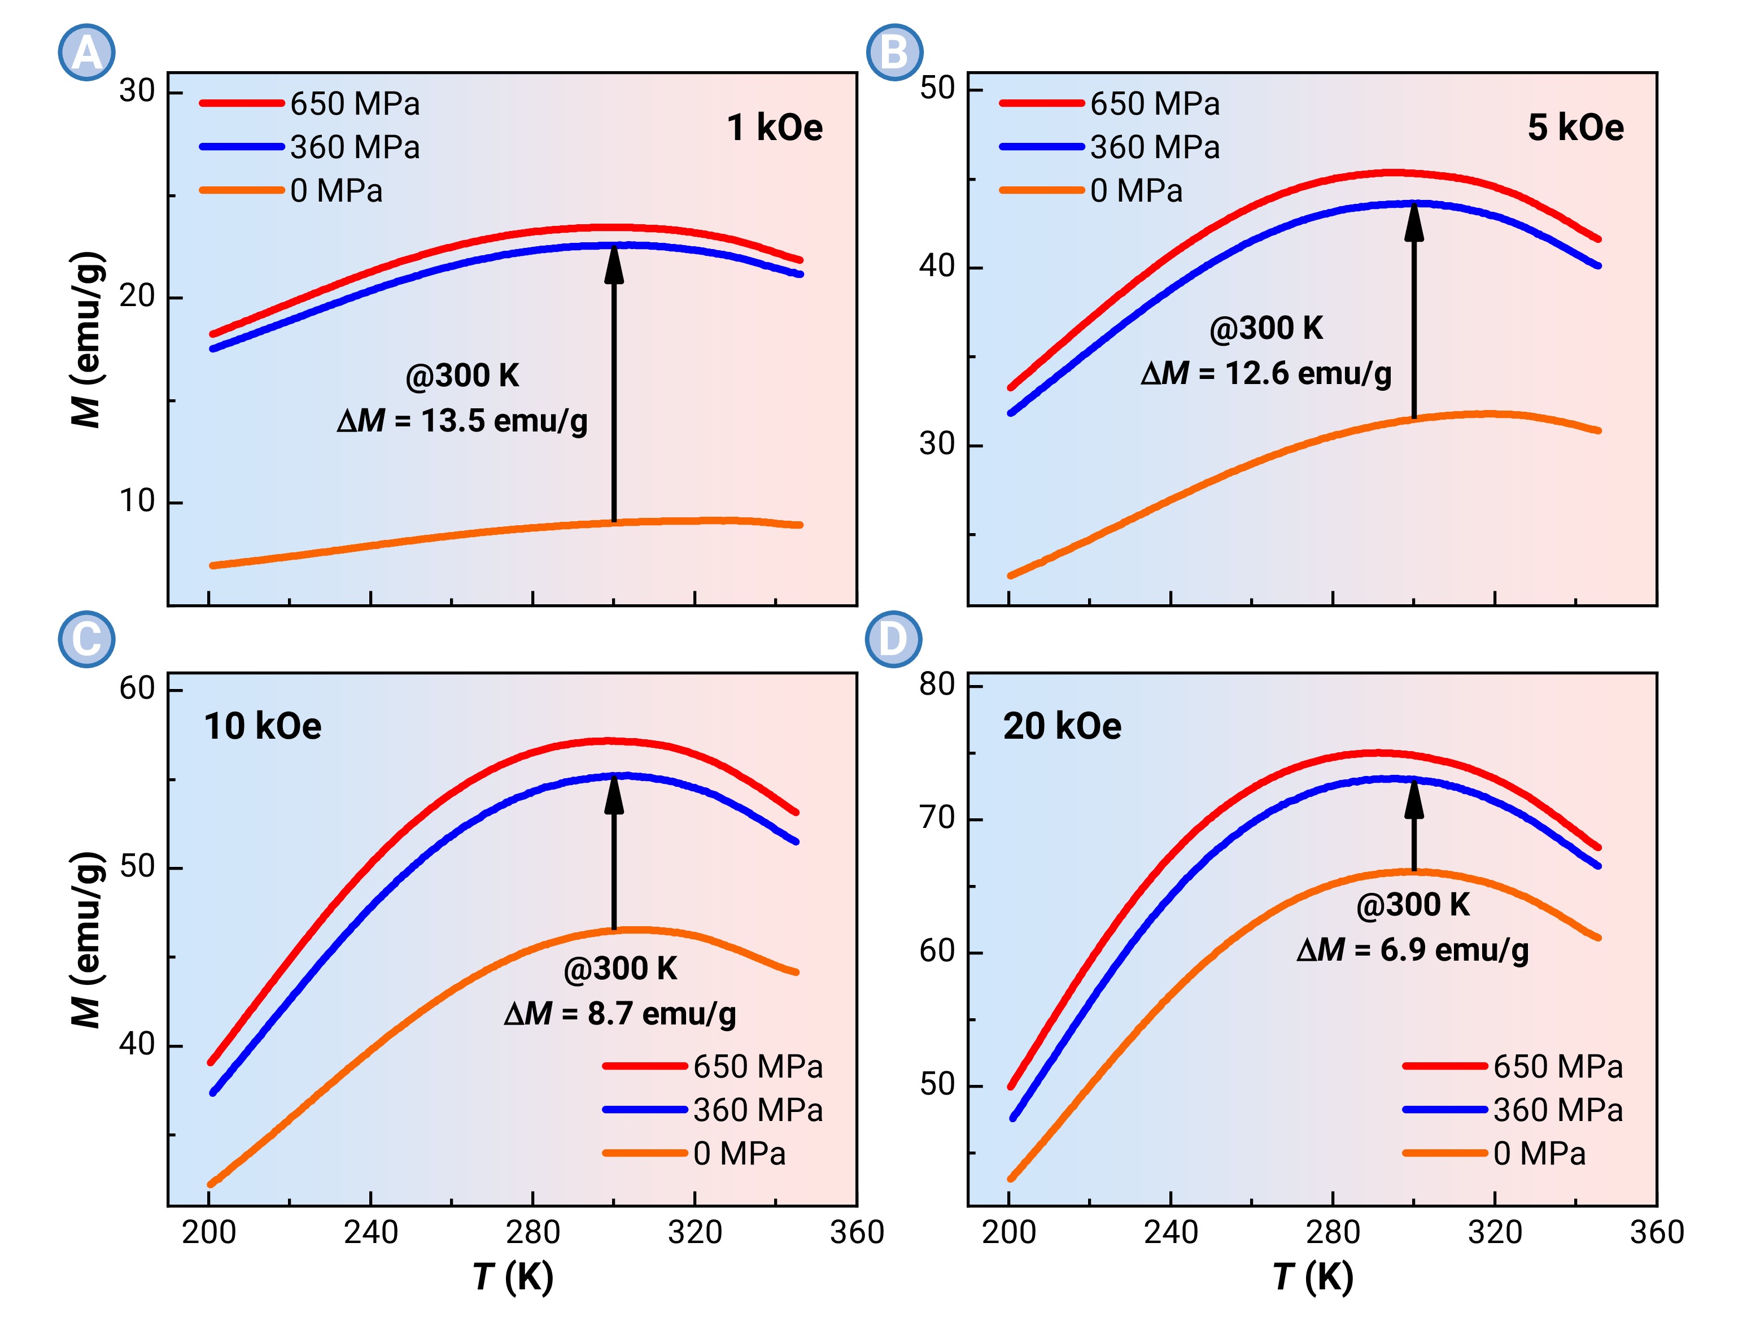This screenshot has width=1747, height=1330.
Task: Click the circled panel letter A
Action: [86, 53]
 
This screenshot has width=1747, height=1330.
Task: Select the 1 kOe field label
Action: [774, 128]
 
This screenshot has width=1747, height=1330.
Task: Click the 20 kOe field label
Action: [1062, 726]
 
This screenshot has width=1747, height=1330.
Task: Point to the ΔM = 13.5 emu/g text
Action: [462, 420]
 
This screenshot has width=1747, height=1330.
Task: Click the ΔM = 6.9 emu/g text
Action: [1412, 949]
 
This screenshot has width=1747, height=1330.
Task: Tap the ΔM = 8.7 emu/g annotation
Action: [620, 1013]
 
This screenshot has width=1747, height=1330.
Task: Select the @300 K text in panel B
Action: [1266, 328]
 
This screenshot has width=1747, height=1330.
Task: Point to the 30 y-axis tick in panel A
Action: [137, 91]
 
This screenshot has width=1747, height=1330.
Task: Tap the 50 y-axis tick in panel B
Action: [937, 88]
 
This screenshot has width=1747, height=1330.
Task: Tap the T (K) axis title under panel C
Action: [513, 1276]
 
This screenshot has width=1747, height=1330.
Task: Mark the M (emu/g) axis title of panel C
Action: [87, 939]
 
